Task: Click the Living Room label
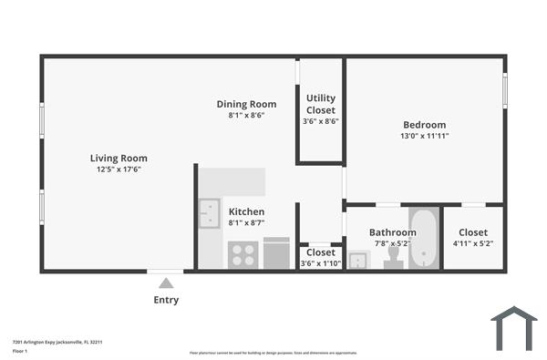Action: point(119,158)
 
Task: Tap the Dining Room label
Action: point(246,104)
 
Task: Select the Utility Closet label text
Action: point(320,103)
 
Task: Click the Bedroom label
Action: point(425,125)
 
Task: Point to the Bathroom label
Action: point(393,232)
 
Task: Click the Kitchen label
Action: point(246,211)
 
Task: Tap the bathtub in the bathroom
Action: point(424,240)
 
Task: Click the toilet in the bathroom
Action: point(394,260)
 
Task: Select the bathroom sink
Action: point(358,262)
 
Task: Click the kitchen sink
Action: point(209,213)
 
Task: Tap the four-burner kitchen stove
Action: point(243,254)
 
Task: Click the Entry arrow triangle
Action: point(166,283)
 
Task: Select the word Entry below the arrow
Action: point(166,300)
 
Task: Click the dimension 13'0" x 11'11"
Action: point(425,136)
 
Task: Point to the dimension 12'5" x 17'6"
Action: point(119,170)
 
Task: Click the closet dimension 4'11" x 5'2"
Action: point(472,244)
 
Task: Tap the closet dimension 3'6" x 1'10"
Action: point(320,263)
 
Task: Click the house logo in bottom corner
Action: point(513,328)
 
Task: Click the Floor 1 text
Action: point(20,351)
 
